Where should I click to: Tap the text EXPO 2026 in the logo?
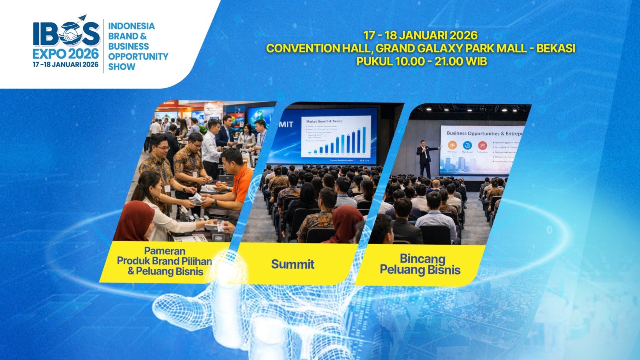(x=66, y=54)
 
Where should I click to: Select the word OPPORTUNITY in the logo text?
(x=138, y=56)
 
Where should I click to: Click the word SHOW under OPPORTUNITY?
(x=122, y=67)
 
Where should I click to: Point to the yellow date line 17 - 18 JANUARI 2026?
(x=420, y=36)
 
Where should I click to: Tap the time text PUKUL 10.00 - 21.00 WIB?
(x=422, y=62)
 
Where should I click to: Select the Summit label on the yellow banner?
(x=293, y=264)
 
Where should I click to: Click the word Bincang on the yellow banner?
(x=422, y=259)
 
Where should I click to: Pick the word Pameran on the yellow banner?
(x=164, y=251)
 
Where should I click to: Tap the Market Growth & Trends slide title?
(x=324, y=121)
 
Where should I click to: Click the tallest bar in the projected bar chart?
(x=364, y=140)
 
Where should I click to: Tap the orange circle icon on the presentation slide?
(x=452, y=145)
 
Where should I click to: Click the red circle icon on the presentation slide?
(x=482, y=145)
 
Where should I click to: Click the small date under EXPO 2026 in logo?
(x=66, y=65)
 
